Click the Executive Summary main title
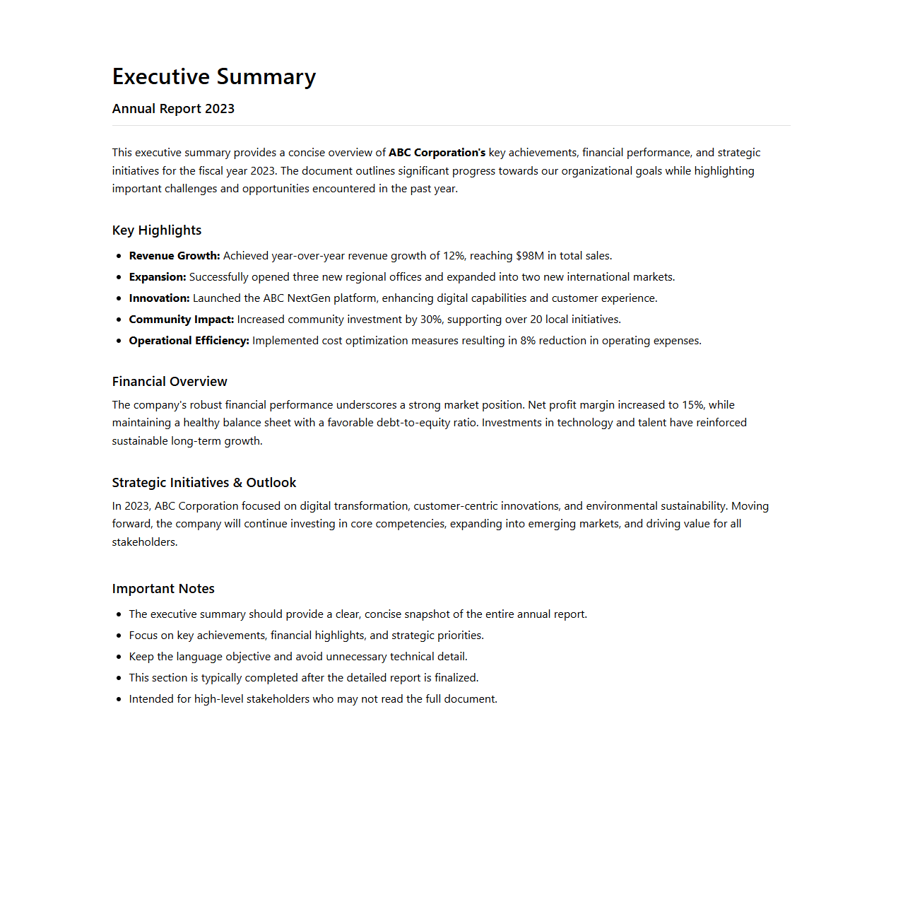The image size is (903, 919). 213,76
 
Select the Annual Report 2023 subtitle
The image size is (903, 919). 173,109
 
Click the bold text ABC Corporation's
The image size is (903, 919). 437,153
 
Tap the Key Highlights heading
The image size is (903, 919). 156,230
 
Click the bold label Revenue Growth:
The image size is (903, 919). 175,256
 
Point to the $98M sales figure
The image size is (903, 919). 530,256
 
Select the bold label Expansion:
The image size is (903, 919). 158,277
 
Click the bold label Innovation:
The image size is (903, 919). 159,298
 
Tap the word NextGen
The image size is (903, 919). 309,298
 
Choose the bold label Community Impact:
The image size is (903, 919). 181,320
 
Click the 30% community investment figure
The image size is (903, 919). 431,320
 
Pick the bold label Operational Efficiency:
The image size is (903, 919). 189,341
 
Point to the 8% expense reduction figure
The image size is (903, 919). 528,341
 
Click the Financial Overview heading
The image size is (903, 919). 170,382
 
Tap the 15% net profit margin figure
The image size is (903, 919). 692,405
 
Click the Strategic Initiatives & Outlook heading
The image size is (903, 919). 203,483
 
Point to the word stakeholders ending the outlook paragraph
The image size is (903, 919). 143,542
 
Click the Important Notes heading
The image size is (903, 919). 163,589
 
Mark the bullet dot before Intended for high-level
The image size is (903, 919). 119,699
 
